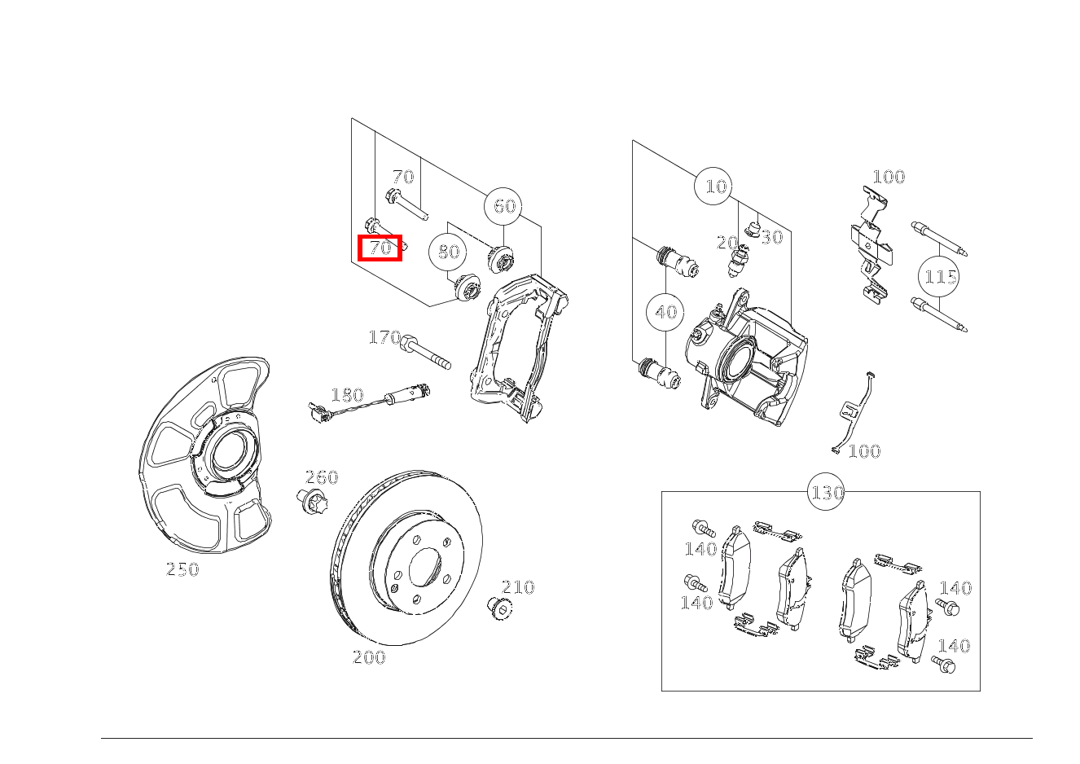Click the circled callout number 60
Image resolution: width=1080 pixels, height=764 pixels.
point(505,206)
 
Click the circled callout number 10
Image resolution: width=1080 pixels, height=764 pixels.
point(714,187)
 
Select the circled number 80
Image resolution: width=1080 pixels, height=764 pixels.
point(448,252)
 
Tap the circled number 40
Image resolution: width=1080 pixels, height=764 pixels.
point(665,312)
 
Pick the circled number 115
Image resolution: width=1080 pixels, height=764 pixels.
point(940,277)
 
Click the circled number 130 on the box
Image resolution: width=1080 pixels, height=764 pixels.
point(826,493)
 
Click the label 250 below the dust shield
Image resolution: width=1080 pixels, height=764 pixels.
point(182,570)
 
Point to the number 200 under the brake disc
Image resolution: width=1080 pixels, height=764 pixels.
point(369,657)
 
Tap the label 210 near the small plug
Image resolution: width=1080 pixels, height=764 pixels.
point(518,587)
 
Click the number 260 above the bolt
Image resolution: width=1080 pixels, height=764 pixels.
point(321,477)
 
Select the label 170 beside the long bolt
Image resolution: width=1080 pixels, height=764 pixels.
point(384,337)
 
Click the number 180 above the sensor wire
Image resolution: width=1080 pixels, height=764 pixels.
point(347,396)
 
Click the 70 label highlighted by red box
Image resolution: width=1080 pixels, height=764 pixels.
point(381,248)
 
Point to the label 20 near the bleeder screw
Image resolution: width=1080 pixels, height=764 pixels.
point(727,243)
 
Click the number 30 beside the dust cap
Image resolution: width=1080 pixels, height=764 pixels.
point(771,237)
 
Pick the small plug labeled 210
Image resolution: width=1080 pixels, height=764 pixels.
point(498,607)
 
